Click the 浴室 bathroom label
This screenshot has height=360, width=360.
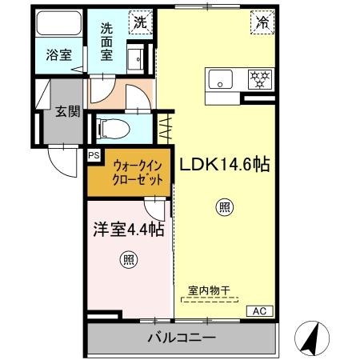(58, 56)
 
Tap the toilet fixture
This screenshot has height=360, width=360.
(111, 126)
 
